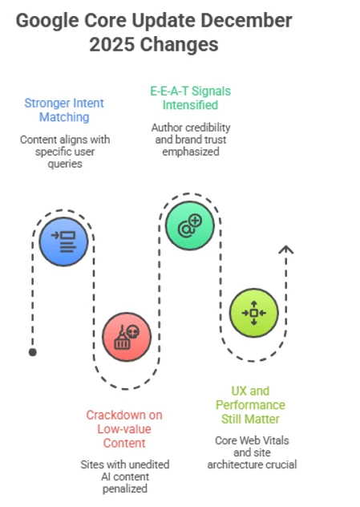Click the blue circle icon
(63, 240)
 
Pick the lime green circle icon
(253, 312)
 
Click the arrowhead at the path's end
(285, 249)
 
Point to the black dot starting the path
(32, 351)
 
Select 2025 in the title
(112, 45)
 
